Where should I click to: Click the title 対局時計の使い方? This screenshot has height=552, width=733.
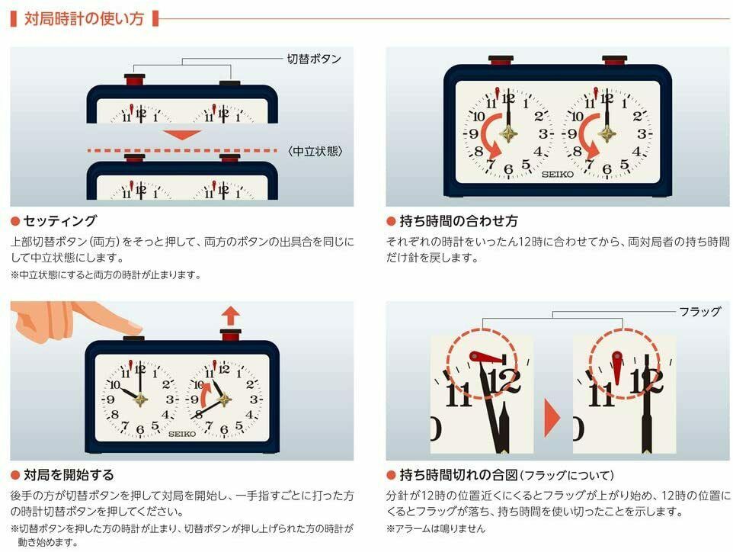click(x=84, y=19)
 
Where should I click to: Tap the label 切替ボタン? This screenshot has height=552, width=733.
click(x=314, y=59)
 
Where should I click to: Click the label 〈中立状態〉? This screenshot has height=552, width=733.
click(x=315, y=151)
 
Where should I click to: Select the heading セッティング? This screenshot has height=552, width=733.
click(x=60, y=220)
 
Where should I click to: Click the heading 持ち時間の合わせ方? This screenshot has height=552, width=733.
click(x=459, y=221)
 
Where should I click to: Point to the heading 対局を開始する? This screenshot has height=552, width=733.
click(x=69, y=475)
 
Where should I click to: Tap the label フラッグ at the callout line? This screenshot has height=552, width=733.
click(x=699, y=311)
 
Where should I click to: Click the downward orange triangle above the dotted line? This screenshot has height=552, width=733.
click(x=182, y=135)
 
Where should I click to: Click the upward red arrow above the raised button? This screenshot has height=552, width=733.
click(x=230, y=316)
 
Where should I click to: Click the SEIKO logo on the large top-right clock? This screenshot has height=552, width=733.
click(x=557, y=175)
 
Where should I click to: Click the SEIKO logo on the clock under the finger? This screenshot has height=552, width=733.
click(x=182, y=434)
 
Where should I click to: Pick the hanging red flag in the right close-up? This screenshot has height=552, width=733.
click(x=617, y=367)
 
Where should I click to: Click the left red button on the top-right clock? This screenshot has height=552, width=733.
click(x=501, y=60)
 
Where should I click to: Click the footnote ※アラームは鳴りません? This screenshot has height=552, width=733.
click(x=436, y=528)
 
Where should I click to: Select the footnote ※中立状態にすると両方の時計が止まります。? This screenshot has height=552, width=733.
click(x=106, y=274)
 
